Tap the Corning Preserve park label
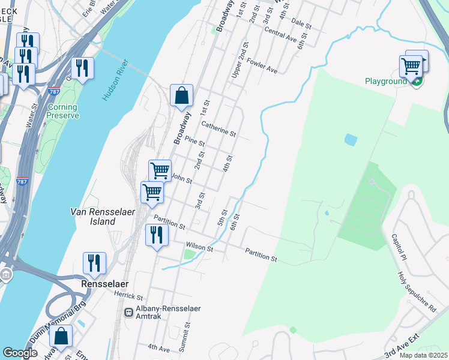(63, 111)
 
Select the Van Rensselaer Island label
(93, 217)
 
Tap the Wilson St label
(199, 247)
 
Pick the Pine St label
(195, 142)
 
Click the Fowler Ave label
(262, 65)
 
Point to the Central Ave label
(280, 35)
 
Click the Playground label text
(387, 81)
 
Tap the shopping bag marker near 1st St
(181, 95)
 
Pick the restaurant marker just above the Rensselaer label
(94, 263)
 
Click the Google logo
(20, 353)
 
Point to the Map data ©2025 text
(423, 355)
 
